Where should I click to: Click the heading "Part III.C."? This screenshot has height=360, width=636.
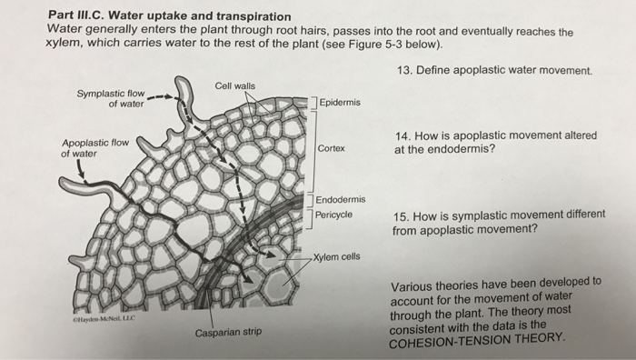[x=76, y=15]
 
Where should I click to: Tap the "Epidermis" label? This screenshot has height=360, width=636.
[x=340, y=103]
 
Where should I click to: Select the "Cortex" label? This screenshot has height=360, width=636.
[x=331, y=148]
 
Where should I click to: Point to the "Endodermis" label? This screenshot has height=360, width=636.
[x=341, y=199]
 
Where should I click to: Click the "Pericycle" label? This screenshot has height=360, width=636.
[x=333, y=215]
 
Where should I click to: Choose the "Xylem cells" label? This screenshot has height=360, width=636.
[x=336, y=257]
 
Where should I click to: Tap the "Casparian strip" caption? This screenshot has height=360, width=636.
[x=228, y=333]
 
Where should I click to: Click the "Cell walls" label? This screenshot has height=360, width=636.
[x=234, y=86]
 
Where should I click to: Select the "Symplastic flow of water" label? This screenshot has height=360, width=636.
[x=111, y=98]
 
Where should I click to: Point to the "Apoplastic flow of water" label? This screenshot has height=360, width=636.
[x=94, y=148]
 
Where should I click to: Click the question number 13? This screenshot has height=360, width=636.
[x=404, y=70]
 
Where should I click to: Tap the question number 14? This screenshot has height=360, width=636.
[x=402, y=136]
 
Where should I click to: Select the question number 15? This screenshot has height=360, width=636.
[x=401, y=217]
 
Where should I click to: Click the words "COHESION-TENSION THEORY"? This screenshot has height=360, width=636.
[x=476, y=341]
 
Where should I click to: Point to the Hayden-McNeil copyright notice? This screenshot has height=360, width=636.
[x=104, y=319]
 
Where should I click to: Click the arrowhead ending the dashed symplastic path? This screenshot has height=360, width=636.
[x=271, y=255]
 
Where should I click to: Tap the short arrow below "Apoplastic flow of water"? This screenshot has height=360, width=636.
[x=81, y=169]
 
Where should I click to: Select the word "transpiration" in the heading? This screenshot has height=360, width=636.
[x=253, y=16]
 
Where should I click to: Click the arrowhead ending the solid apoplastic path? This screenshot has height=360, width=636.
[x=248, y=279]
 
